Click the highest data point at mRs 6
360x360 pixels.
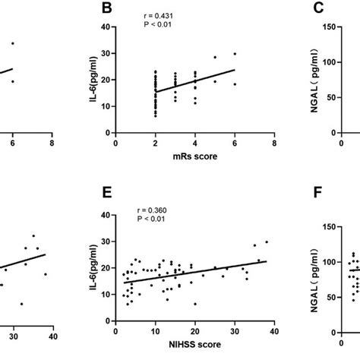point(235,54)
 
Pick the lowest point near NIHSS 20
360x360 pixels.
point(195,304)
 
